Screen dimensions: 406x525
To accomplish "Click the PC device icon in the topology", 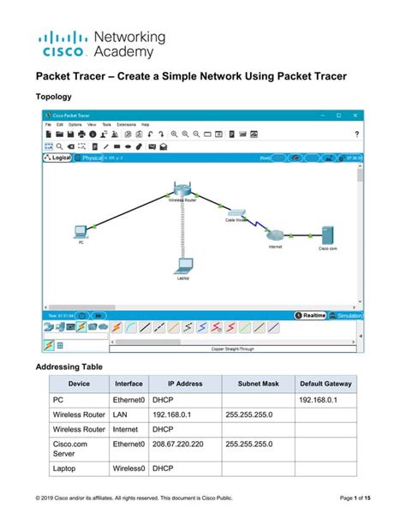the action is (x=81, y=230).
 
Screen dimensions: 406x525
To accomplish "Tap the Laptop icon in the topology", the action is (x=182, y=265).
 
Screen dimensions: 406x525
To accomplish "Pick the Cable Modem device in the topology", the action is (x=236, y=212).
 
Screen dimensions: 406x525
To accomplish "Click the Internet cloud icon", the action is (x=275, y=235).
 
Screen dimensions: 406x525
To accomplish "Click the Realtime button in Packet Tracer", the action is (x=312, y=316).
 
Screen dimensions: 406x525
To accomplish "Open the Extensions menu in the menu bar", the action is (x=126, y=125).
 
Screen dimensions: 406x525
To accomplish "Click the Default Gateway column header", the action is (x=325, y=384).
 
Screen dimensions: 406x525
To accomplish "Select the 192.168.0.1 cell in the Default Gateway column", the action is (x=319, y=399).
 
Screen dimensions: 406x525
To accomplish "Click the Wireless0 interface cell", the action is (x=129, y=469).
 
